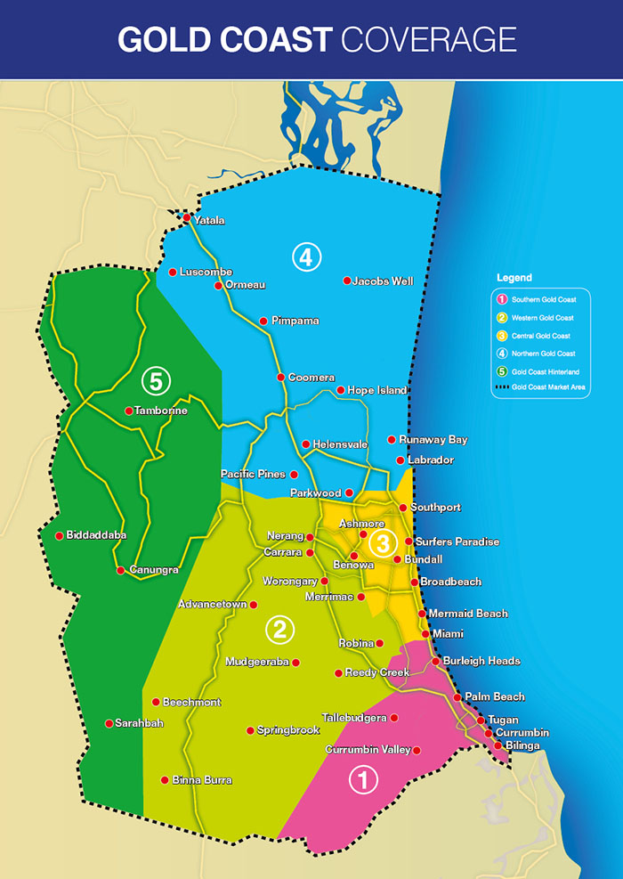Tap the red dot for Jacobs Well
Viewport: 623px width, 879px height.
[x=347, y=281]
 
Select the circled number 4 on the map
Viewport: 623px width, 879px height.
[x=305, y=258]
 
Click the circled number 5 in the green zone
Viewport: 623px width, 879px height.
[x=156, y=381]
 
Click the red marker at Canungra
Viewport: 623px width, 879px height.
[x=120, y=570]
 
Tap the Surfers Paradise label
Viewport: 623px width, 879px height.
[x=457, y=541]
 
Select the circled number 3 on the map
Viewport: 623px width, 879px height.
[x=383, y=541]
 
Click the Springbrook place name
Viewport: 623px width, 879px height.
[x=287, y=730]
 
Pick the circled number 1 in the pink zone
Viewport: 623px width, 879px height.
[x=362, y=780]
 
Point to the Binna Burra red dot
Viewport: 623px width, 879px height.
[x=165, y=780]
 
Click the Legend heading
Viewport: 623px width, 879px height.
[x=514, y=279]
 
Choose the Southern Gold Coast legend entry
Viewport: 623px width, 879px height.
[x=542, y=300]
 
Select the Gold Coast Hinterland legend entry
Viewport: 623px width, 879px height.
[x=545, y=371]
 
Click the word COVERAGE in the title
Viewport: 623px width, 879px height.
[x=428, y=39]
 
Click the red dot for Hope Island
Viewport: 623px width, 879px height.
[x=341, y=390]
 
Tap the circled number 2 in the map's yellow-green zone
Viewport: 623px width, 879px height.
[x=279, y=631]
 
